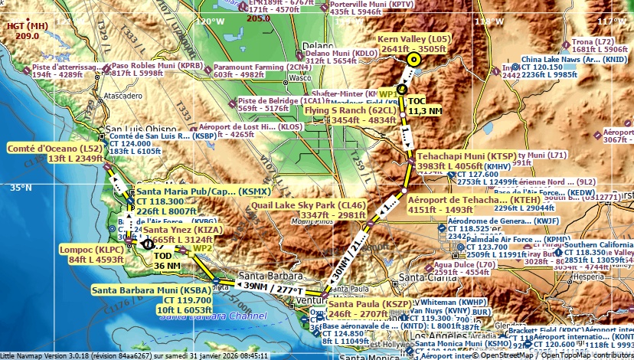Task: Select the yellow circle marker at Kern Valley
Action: (x=414, y=59)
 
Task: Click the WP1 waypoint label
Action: (x=388, y=93)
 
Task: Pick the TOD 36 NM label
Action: (x=168, y=260)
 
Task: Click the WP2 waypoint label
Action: (x=202, y=248)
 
